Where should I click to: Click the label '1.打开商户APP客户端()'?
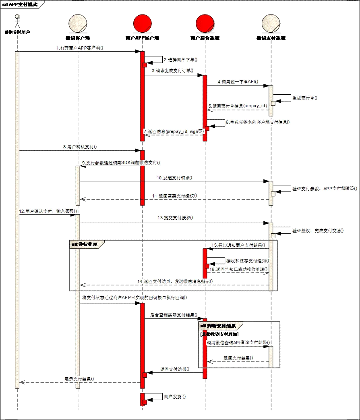[80, 48]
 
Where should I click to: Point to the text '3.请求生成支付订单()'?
[172, 71]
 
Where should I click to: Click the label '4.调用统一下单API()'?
[238, 82]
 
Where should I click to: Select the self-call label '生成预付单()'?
[305, 98]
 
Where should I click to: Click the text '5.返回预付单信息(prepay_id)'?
[238, 106]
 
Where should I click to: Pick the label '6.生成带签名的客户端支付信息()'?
[258, 122]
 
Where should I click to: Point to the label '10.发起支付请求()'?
[175, 177]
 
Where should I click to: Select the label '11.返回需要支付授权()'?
[175, 196]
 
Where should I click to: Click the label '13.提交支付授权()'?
[175, 218]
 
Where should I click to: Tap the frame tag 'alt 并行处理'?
[85, 244]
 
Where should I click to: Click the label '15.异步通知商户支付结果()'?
[238, 245]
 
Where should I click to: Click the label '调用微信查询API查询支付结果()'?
[238, 342]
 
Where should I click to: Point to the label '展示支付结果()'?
[80, 379]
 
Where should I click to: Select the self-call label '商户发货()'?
[175, 397]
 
